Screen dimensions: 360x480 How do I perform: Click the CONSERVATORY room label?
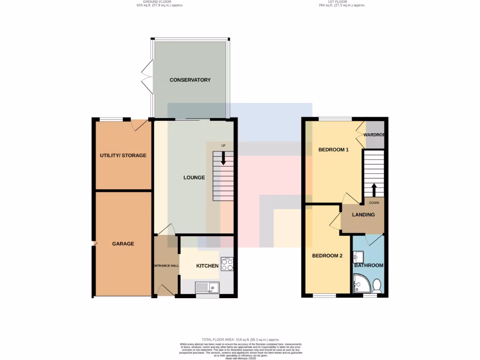190,80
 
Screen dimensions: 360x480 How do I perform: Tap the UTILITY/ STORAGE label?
123,156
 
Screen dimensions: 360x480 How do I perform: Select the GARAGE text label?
123,244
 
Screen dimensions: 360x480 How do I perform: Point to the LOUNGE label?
194,178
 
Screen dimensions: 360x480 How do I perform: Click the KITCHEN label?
207,266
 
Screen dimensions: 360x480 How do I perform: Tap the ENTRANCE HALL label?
166,266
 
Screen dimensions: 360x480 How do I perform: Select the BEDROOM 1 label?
333,150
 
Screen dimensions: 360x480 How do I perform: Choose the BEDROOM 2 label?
328,256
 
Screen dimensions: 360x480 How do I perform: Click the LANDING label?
363,215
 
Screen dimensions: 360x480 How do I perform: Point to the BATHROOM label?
368,265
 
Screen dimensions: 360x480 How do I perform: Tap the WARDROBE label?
375,135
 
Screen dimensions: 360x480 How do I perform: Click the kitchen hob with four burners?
227,264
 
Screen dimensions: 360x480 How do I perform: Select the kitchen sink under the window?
207,286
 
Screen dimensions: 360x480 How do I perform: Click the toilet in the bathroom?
377,285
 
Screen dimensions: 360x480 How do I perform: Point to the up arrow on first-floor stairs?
374,189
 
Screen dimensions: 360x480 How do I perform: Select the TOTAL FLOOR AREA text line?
240,339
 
